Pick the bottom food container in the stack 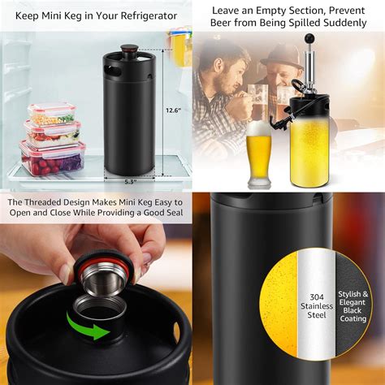tap(52, 158)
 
